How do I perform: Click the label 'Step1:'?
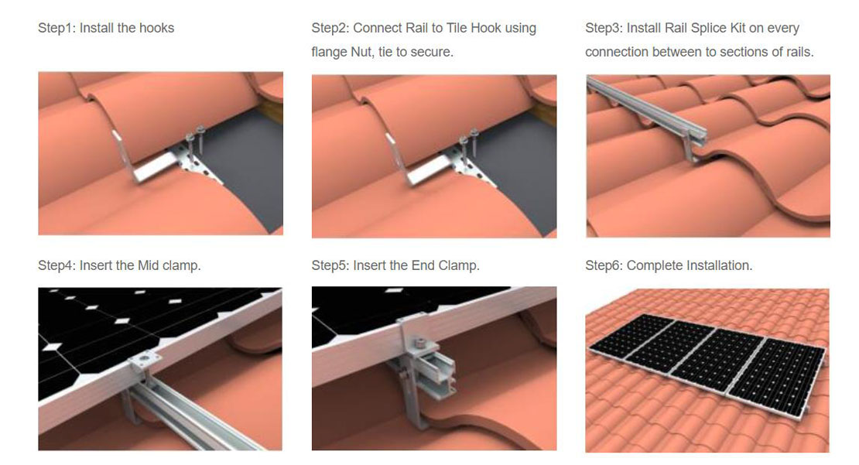[x=57, y=28]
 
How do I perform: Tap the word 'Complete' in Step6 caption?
[x=655, y=265]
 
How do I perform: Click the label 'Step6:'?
[x=604, y=265]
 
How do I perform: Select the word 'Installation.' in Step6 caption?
[x=719, y=265]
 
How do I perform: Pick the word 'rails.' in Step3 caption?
[x=798, y=52]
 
